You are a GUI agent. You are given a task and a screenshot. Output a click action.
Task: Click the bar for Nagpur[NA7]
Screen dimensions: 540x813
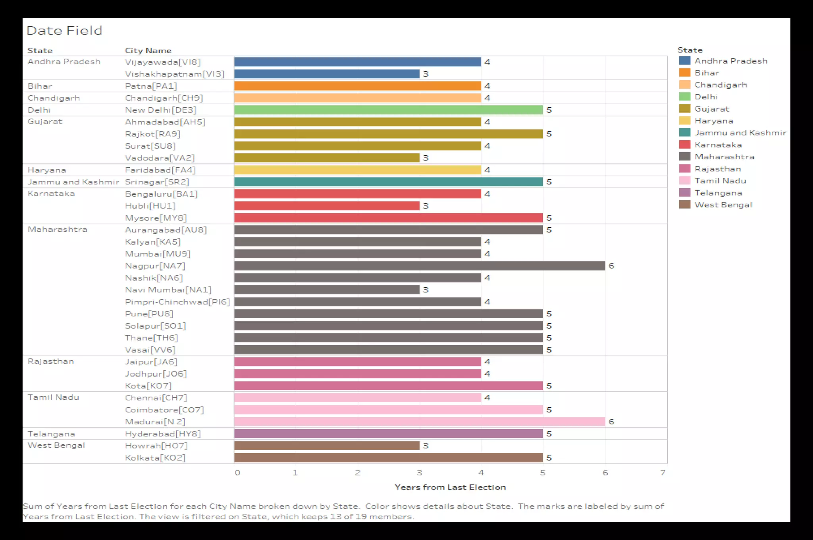coord(420,266)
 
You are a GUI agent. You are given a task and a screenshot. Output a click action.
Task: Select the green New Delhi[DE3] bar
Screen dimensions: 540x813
coord(388,110)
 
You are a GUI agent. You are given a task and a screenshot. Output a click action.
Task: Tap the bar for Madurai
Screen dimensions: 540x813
coord(420,422)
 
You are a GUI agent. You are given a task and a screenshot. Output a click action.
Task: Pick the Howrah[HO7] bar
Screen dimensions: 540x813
coord(327,446)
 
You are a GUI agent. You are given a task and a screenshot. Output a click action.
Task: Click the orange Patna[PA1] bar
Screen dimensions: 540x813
coord(357,86)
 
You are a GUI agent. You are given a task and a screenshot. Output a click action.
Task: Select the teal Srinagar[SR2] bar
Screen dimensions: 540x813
coord(388,182)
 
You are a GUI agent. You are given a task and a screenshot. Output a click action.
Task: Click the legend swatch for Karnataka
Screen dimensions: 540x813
coord(685,145)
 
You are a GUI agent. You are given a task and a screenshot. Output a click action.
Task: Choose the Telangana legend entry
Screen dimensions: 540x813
coord(718,193)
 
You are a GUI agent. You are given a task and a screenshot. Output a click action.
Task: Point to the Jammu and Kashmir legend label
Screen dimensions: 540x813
coord(740,133)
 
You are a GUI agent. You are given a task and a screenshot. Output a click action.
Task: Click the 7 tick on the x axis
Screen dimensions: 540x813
coord(663,473)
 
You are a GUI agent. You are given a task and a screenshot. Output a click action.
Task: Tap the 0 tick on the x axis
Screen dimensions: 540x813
coord(237,473)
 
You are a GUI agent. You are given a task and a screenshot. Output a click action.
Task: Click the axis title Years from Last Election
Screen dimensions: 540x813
coord(450,487)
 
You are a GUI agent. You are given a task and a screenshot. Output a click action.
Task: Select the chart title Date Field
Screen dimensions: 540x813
coord(64,31)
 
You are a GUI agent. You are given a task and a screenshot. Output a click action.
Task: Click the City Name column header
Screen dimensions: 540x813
coord(148,50)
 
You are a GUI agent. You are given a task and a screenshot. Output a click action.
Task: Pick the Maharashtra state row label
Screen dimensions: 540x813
coord(57,229)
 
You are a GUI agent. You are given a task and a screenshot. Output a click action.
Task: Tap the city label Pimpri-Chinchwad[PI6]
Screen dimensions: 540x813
coord(177,302)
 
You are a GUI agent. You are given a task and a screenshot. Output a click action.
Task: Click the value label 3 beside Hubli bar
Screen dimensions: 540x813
coord(426,206)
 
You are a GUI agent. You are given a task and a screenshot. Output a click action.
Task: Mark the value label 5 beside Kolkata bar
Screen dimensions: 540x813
coord(549,458)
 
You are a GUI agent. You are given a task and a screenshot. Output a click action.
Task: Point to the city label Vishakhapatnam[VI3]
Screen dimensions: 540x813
coord(174,74)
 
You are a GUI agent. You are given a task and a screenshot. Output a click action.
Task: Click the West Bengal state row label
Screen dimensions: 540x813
coord(56,445)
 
